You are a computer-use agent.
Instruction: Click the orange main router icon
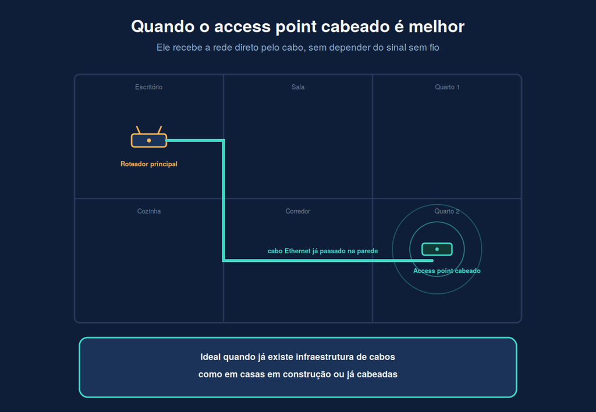[x=149, y=137]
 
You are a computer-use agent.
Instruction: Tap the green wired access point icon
[x=437, y=249]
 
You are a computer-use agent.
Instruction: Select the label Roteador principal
[x=149, y=164]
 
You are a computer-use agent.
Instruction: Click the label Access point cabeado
[x=447, y=271]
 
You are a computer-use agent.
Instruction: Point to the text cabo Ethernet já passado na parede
[x=322, y=251]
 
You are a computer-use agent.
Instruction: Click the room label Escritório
[x=148, y=87]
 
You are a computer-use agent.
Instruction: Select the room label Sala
[x=298, y=87]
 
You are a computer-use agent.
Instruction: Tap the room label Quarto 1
[x=447, y=87]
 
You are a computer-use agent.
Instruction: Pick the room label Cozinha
[x=149, y=211]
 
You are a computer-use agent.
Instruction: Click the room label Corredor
[x=297, y=211]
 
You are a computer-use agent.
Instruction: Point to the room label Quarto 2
[x=447, y=211]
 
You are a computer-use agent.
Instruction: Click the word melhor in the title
[x=437, y=27]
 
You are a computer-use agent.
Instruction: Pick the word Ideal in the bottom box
[x=211, y=357]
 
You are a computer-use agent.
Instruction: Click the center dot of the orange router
[x=149, y=141]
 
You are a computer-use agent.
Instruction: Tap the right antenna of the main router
[x=160, y=130]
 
